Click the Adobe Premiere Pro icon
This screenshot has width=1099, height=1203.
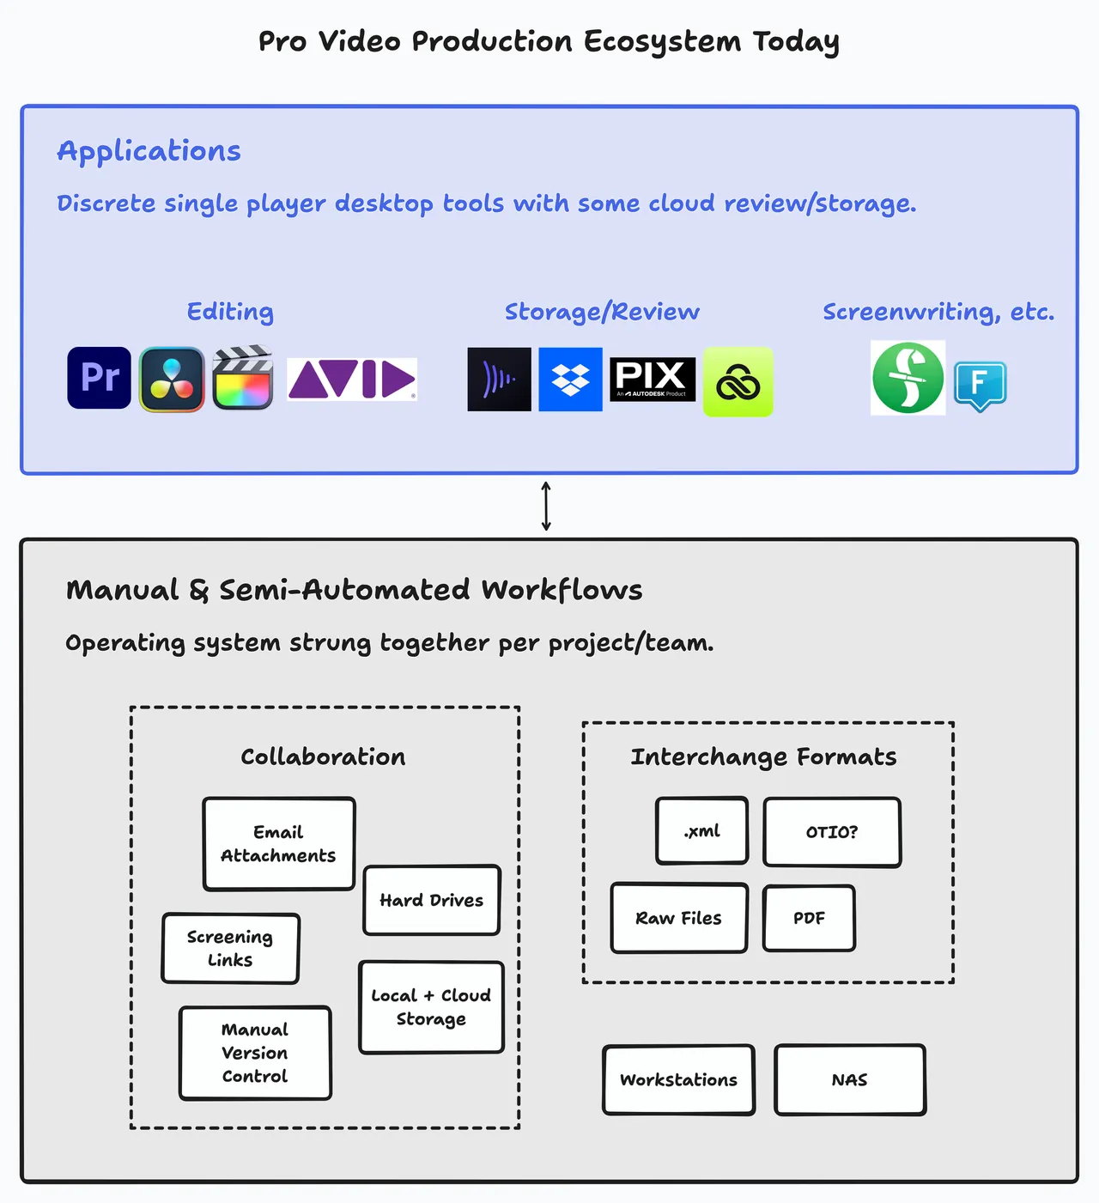(99, 378)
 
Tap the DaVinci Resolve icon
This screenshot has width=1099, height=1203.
(172, 379)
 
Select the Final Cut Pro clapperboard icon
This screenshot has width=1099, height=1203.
(243, 377)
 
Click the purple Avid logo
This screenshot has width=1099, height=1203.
(351, 379)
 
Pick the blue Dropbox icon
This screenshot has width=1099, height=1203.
(570, 380)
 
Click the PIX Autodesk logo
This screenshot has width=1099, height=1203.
(653, 380)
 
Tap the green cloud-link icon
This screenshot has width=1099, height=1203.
(738, 381)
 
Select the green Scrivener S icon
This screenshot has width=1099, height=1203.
(908, 378)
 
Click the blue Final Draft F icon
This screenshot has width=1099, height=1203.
(981, 386)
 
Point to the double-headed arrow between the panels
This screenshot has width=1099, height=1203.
(546, 506)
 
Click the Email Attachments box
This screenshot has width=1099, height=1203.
(279, 844)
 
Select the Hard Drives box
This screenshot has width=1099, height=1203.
(432, 900)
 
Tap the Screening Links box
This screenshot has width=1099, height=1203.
(230, 948)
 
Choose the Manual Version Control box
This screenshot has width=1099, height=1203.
(255, 1053)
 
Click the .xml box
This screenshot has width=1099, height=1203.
(701, 831)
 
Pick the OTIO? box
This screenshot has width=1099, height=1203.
(832, 832)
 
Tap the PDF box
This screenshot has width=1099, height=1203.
(810, 918)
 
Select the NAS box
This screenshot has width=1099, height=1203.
(850, 1080)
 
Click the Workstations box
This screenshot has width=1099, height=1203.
(679, 1080)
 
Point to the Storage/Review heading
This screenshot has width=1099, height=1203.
(602, 312)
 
